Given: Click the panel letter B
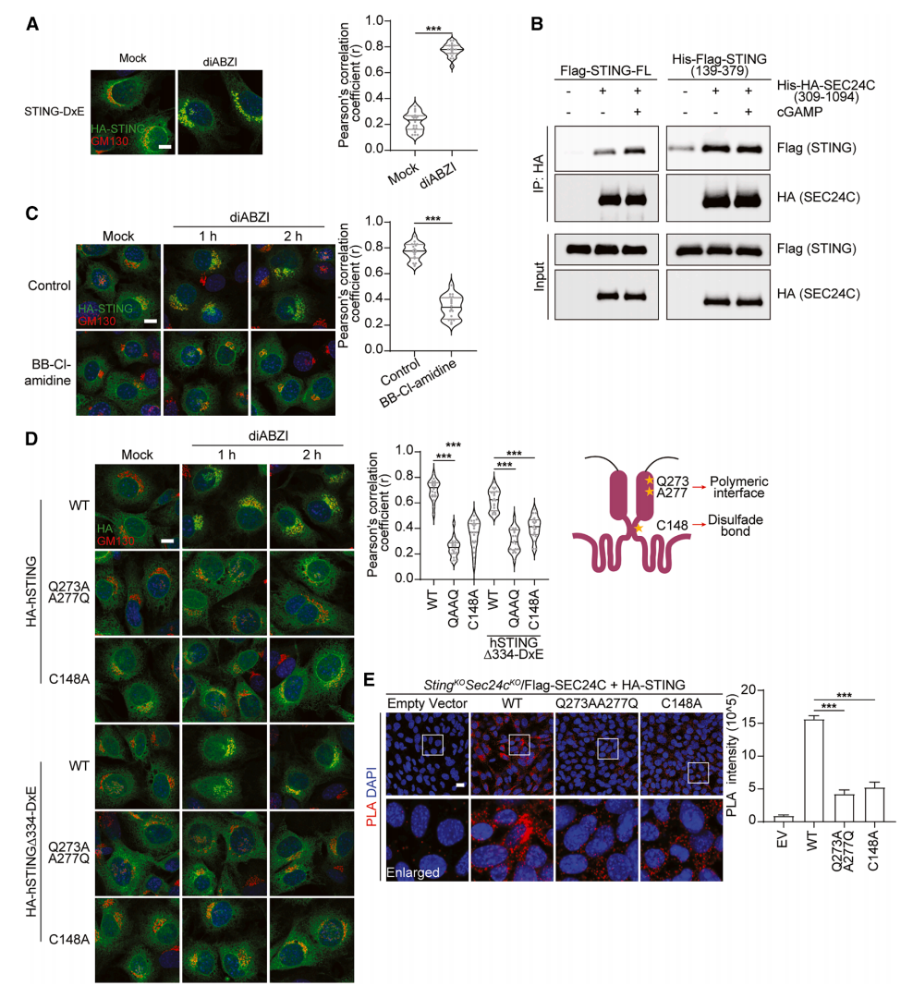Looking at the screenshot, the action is (x=537, y=24).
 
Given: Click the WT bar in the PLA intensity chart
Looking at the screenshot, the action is (x=814, y=770).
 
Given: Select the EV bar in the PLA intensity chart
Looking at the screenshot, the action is (x=783, y=819).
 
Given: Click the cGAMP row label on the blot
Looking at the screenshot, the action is (x=799, y=112).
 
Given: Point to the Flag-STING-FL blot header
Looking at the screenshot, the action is (x=605, y=70).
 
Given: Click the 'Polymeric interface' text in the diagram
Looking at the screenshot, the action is (x=738, y=487).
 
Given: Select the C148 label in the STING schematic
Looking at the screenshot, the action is (x=672, y=525).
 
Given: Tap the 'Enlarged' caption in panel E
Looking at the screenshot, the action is (x=413, y=872).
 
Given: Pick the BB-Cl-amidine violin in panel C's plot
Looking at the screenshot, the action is (x=452, y=305).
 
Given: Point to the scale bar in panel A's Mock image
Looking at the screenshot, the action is (x=164, y=147).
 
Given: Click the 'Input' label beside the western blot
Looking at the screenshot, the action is (x=540, y=277).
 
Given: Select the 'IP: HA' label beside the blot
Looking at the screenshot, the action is (x=538, y=174).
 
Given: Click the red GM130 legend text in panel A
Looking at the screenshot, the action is (x=110, y=141).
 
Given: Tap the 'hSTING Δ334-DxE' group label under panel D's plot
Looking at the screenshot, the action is (x=514, y=649).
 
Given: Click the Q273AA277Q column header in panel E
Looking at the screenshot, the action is (x=597, y=703).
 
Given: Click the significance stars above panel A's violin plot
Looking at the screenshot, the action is (x=433, y=29).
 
